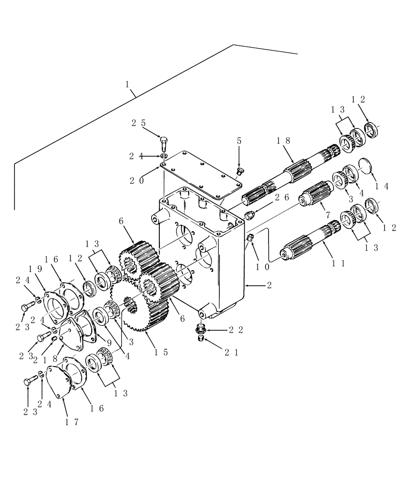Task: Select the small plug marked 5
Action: pyautogui.click(x=240, y=172)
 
